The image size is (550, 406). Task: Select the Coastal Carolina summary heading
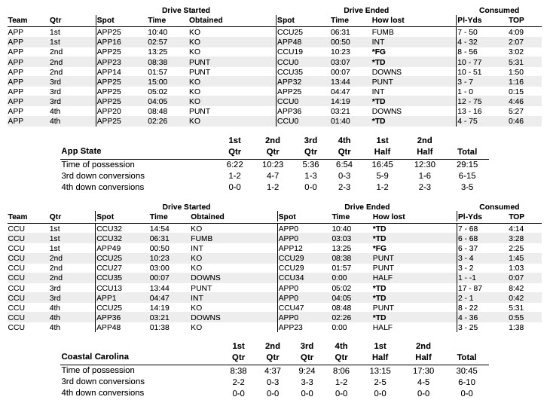[x=95, y=356]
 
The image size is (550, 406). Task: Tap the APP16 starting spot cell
[x=108, y=43]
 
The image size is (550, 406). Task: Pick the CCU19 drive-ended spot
[x=290, y=53]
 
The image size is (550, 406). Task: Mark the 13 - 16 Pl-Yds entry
[x=472, y=111]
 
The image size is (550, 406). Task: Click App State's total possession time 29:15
[x=472, y=163]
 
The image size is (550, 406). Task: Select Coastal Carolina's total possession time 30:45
[x=467, y=370]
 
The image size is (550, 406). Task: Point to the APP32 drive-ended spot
[x=290, y=81]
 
